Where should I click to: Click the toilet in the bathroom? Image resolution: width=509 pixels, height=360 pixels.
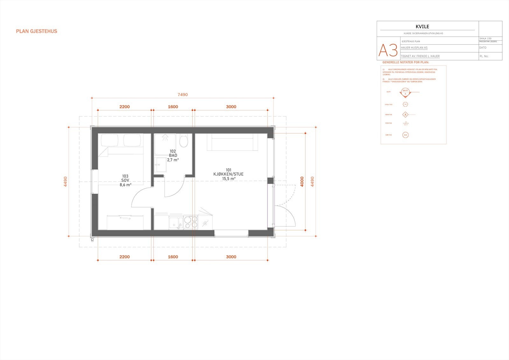[183, 141]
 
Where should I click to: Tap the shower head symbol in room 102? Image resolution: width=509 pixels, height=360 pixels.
[165, 138]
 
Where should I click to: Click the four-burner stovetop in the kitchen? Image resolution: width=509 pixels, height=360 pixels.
[191, 222]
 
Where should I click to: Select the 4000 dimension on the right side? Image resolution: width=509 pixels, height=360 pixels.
[302, 181]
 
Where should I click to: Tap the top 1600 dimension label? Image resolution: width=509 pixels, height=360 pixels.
[173, 107]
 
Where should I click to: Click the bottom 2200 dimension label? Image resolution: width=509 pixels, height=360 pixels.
[124, 257]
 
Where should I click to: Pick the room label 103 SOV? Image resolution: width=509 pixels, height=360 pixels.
[125, 180]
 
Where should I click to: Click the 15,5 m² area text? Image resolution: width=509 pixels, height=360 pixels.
[229, 179]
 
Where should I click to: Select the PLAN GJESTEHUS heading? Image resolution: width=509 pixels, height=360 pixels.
[37, 31]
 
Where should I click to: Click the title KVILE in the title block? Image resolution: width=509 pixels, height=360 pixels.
[422, 27]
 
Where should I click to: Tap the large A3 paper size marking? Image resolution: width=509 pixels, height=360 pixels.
[388, 50]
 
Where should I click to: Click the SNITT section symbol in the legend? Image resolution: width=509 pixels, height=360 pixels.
[405, 93]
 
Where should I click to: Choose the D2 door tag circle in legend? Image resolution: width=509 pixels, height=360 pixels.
[405, 135]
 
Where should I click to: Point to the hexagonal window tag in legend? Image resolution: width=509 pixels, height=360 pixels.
[405, 104]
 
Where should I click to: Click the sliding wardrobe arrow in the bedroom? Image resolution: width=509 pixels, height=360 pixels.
[125, 218]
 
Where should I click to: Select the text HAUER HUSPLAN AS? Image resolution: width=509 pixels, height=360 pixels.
[414, 48]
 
